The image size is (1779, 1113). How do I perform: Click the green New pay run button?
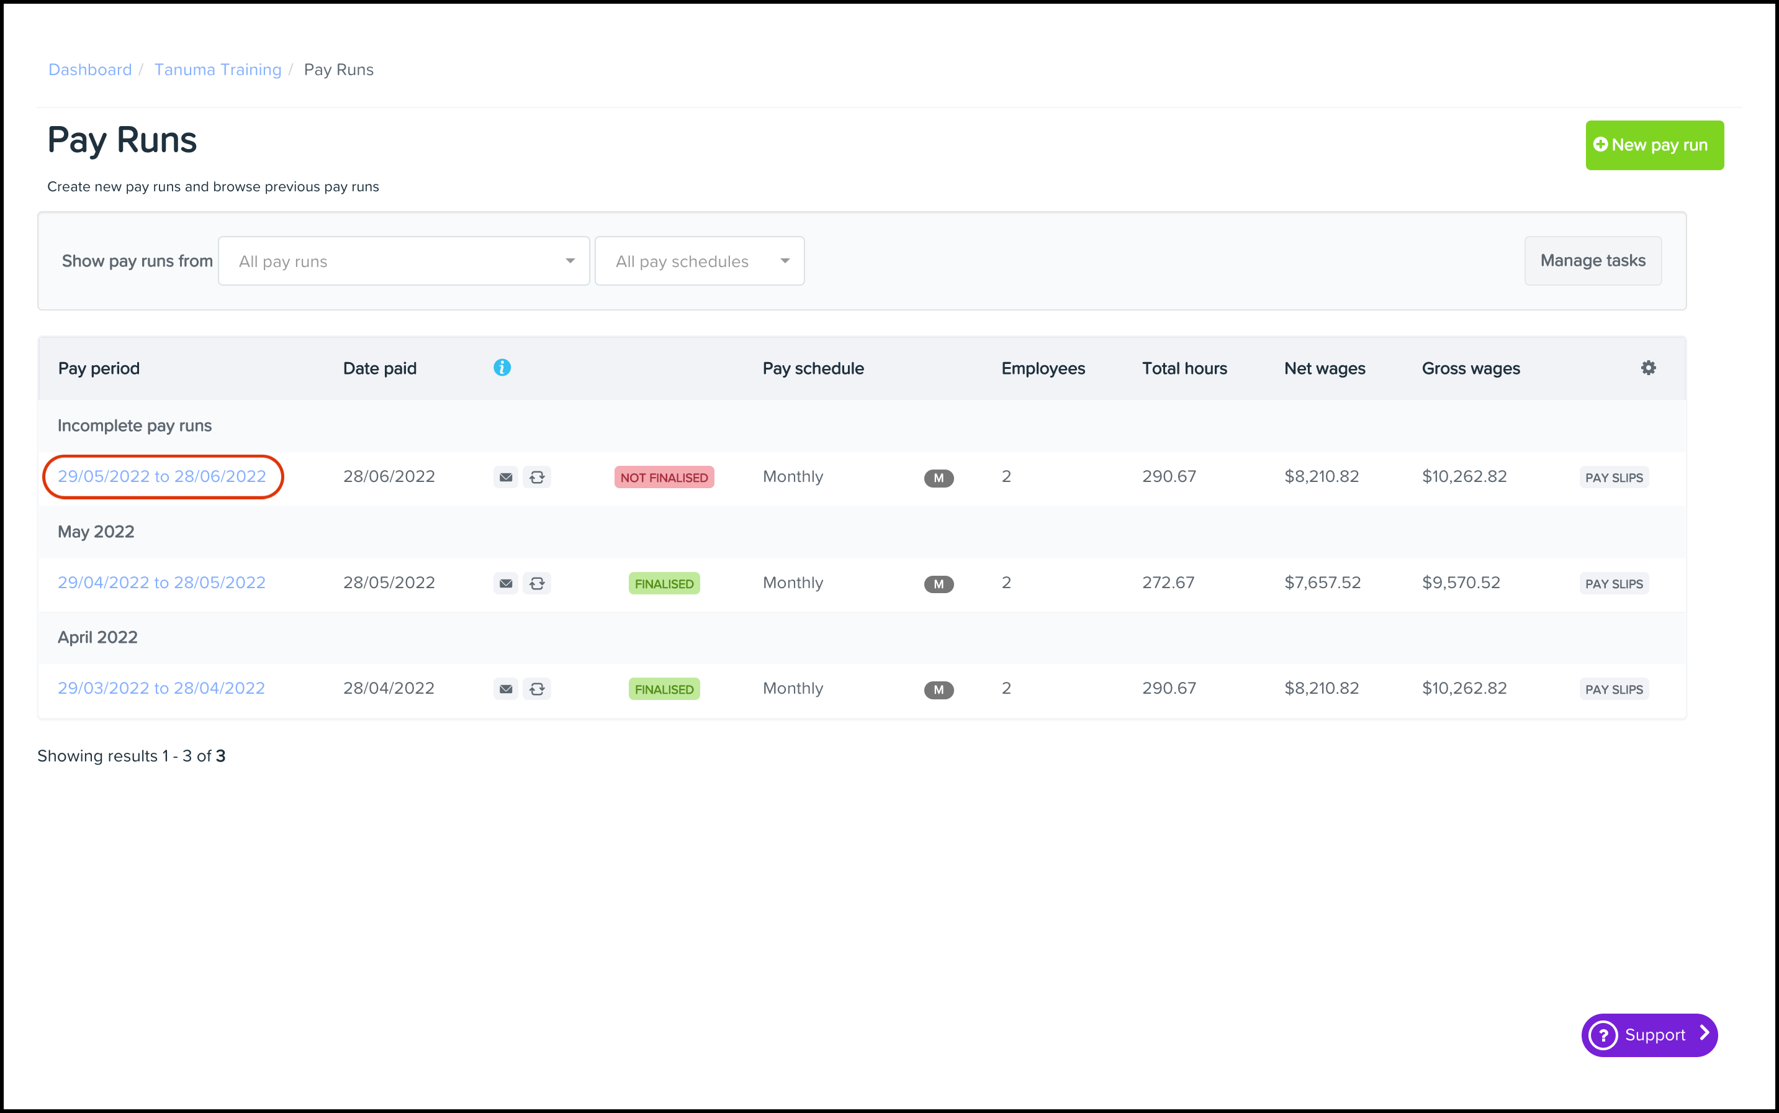(1654, 145)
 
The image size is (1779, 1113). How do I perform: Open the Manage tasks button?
(1593, 261)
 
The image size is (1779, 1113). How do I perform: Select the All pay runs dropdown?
(404, 261)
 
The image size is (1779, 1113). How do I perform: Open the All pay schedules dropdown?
(699, 261)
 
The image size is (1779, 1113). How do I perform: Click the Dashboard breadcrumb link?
(90, 70)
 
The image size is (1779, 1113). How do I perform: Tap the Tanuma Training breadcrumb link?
(218, 70)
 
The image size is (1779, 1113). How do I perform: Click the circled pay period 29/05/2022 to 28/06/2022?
(162, 476)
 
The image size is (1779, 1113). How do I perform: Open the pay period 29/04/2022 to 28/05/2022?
(162, 582)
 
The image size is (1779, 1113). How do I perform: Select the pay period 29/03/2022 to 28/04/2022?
(161, 688)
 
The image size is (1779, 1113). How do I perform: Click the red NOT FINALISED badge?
(664, 477)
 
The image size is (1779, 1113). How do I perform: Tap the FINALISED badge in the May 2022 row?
(664, 583)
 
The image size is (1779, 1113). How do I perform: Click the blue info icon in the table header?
(502, 367)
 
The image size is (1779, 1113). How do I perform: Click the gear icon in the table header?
(1648, 367)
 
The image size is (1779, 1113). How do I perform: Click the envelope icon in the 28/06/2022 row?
(505, 477)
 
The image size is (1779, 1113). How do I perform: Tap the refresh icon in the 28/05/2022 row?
(537, 583)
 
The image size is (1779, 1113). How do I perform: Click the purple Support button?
(1649, 1034)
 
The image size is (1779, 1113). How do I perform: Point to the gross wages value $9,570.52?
(1461, 582)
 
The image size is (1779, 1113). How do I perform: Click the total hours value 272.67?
(1168, 582)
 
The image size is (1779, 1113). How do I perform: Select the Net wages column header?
(1324, 368)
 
